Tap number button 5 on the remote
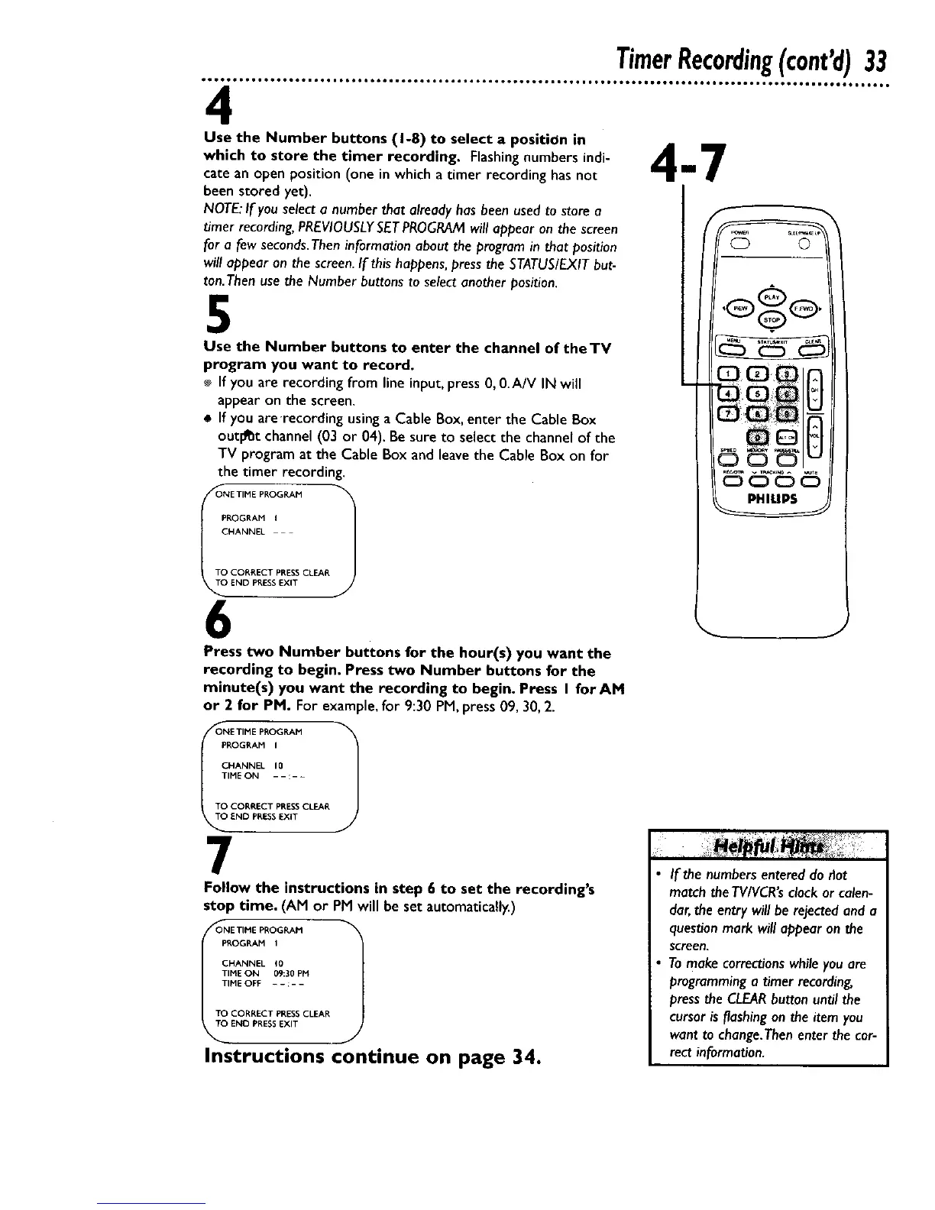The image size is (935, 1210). [x=756, y=393]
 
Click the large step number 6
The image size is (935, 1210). [x=215, y=620]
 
